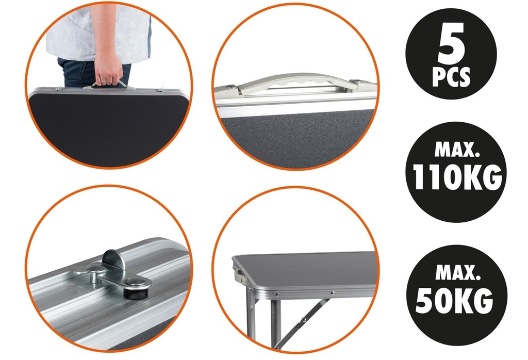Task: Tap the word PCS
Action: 451,77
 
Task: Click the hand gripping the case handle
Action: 109,69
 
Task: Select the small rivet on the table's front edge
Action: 333,293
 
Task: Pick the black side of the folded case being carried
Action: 108,128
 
